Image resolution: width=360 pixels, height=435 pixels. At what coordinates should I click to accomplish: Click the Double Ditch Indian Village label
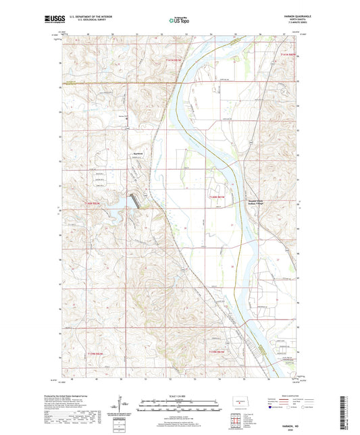coord(251,201)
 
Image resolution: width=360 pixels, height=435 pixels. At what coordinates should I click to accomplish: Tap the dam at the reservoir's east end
coord(137,199)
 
